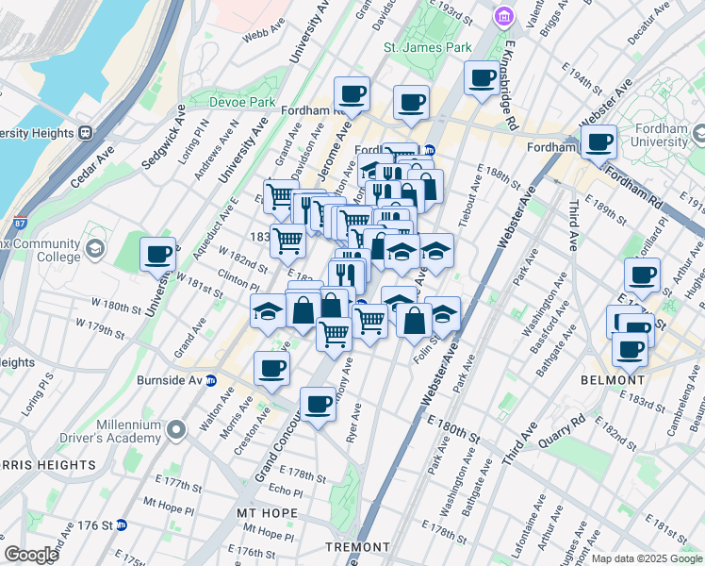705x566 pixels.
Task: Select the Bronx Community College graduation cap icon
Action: pyautogui.click(x=94, y=249)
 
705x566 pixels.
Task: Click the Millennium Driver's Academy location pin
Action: pyautogui.click(x=175, y=431)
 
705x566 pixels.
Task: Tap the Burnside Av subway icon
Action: pyautogui.click(x=212, y=381)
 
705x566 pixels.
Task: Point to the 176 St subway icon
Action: pyautogui.click(x=122, y=525)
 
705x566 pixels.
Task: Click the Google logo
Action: pyautogui.click(x=32, y=555)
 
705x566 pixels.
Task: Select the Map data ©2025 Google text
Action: pyautogui.click(x=646, y=559)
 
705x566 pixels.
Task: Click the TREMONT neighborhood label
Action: pyautogui.click(x=357, y=547)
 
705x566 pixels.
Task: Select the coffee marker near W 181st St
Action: pyautogui.click(x=158, y=254)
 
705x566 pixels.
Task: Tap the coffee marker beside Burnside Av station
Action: pyautogui.click(x=271, y=369)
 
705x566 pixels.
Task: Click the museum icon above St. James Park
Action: pyautogui.click(x=502, y=16)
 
